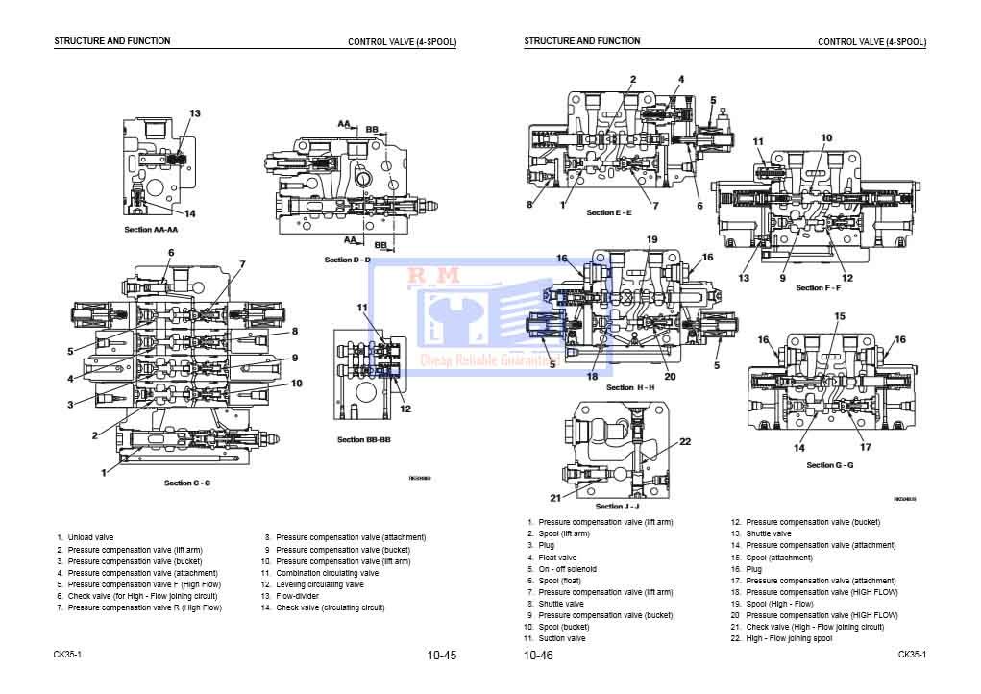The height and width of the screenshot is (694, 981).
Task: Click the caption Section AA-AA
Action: [x=151, y=230]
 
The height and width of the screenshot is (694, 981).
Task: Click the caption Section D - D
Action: [x=347, y=260]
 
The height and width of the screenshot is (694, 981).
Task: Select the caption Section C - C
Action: [x=186, y=483]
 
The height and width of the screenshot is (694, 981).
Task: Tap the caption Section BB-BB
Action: [x=363, y=439]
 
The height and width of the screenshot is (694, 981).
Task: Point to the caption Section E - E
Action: [x=609, y=212]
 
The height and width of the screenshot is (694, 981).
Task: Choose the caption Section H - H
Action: [x=631, y=387]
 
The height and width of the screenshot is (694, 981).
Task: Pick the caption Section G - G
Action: [x=830, y=465]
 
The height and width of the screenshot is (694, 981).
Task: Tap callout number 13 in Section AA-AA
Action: [x=194, y=114]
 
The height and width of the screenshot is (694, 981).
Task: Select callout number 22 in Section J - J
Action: [x=685, y=442]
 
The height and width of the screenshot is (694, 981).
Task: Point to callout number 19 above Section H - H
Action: [x=651, y=239]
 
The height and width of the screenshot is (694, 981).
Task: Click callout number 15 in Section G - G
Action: [x=839, y=316]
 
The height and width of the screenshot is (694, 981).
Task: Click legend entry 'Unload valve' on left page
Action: [x=90, y=537]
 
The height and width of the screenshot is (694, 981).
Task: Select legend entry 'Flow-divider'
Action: [x=297, y=596]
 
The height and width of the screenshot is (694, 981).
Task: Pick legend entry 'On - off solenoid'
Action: [x=567, y=569]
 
